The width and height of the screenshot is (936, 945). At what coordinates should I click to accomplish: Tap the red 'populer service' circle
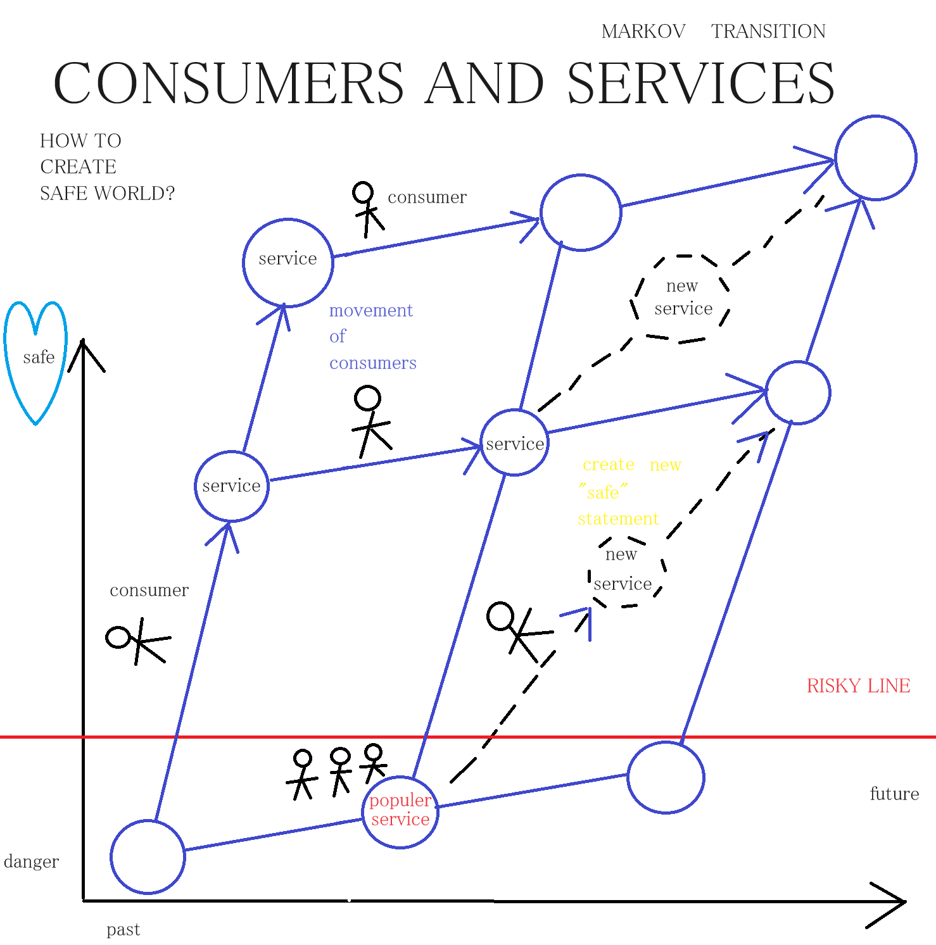click(400, 811)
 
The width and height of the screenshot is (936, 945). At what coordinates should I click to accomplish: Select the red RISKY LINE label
click(858, 685)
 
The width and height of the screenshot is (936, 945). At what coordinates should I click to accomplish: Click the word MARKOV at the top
click(643, 32)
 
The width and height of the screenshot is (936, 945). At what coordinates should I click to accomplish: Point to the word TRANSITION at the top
click(768, 32)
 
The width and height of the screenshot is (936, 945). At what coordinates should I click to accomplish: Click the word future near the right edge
click(894, 794)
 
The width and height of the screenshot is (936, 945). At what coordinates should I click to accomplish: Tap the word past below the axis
click(123, 929)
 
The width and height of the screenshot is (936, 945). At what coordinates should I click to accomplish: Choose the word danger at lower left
click(31, 861)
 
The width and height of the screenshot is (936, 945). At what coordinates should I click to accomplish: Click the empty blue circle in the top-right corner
click(876, 158)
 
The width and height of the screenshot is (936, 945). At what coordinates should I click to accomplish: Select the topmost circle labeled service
click(288, 262)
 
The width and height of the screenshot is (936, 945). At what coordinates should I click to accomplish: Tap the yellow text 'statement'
click(618, 519)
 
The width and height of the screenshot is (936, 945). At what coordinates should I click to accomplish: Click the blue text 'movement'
click(371, 311)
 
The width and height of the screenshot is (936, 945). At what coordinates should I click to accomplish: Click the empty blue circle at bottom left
click(148, 857)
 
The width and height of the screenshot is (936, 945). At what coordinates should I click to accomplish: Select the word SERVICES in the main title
click(700, 84)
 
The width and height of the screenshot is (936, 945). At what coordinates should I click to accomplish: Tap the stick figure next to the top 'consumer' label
click(367, 208)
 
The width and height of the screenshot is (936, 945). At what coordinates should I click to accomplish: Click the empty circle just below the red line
click(666, 777)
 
